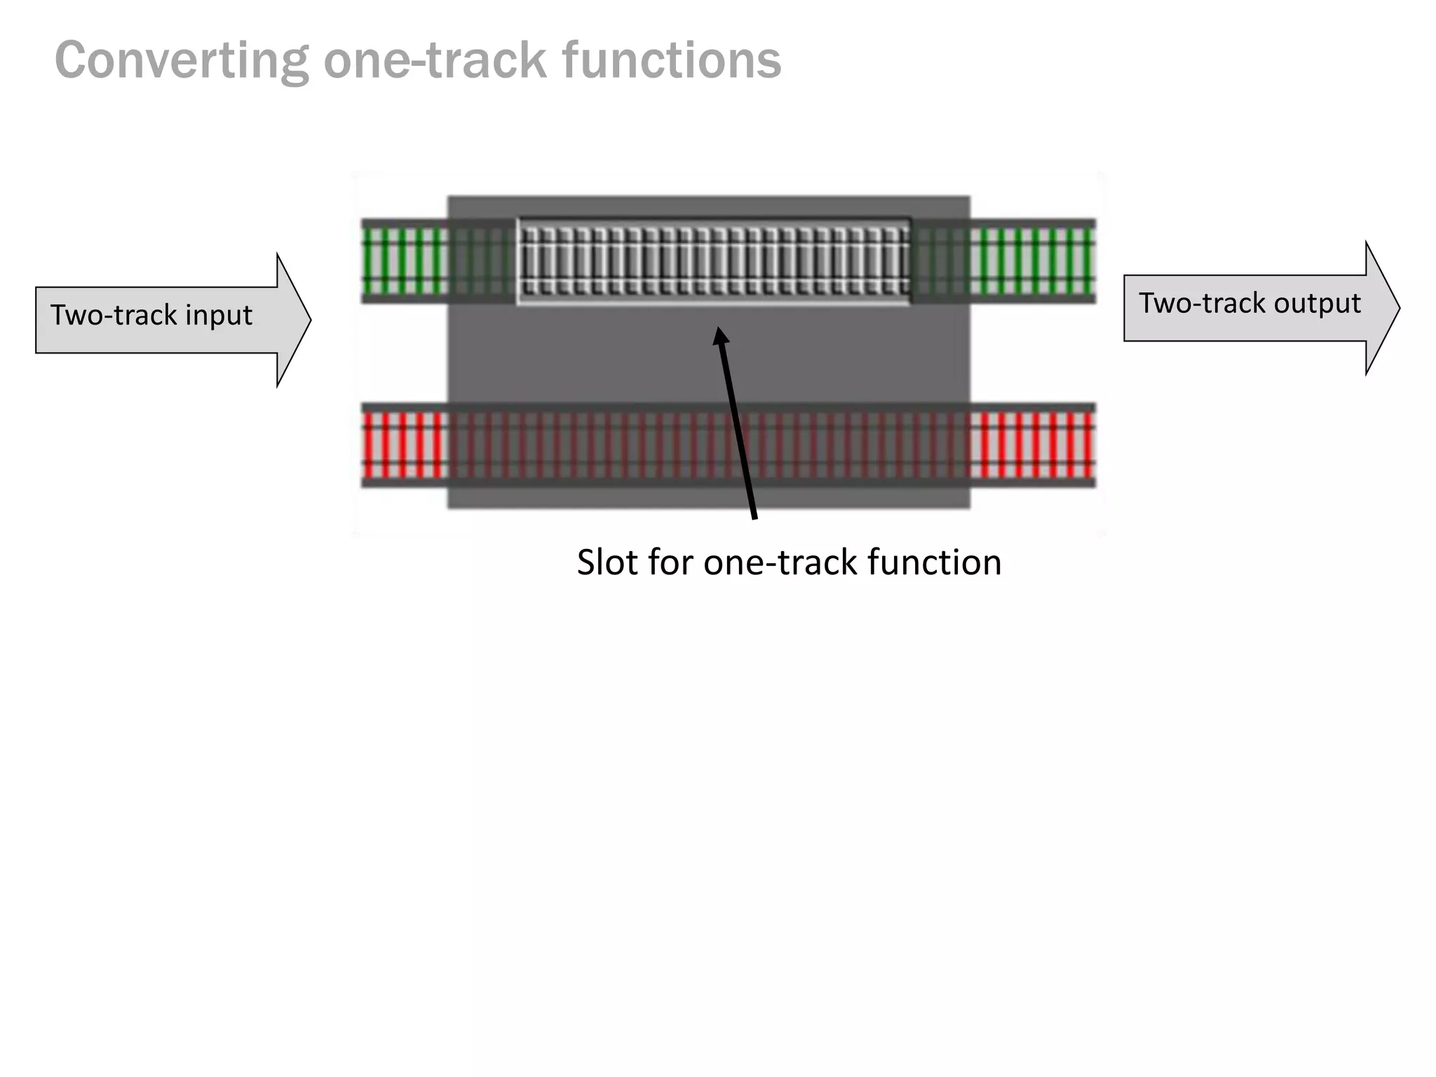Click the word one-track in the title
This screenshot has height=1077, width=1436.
pos(435,60)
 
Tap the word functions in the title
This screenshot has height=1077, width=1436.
pos(671,60)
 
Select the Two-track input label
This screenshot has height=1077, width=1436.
pos(151,316)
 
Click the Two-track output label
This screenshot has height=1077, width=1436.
pos(1249,304)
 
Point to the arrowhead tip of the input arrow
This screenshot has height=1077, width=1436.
pos(309,320)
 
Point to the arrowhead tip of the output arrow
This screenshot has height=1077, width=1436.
pos(1399,308)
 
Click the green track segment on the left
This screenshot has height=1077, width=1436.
pos(404,261)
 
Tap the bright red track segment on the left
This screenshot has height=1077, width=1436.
pos(404,445)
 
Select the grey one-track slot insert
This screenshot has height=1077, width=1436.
pos(714,261)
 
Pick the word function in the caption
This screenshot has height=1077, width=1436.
pos(934,562)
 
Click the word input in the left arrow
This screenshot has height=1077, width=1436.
pos(218,316)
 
